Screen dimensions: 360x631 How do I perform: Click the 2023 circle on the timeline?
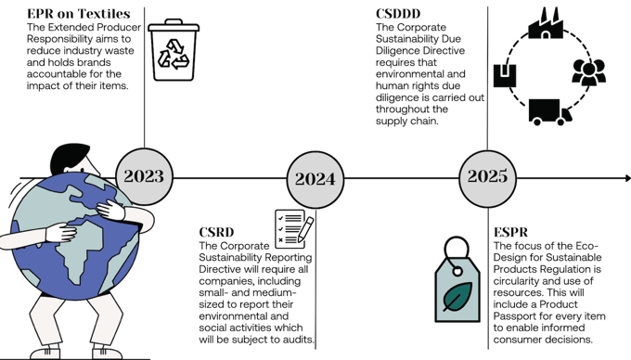[144, 176]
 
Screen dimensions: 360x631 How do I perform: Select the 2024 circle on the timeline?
[315, 178]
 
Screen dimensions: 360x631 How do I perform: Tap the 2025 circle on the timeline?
[487, 176]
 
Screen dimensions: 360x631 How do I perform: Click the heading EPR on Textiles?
[78, 14]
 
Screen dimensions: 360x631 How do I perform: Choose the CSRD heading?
[217, 232]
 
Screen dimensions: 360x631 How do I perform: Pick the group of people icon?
[588, 71]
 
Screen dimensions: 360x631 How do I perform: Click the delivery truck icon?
[548, 112]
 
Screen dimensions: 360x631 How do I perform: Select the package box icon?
[504, 74]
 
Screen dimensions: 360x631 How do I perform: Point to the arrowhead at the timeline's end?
[626, 177]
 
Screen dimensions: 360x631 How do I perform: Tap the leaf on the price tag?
[457, 298]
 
